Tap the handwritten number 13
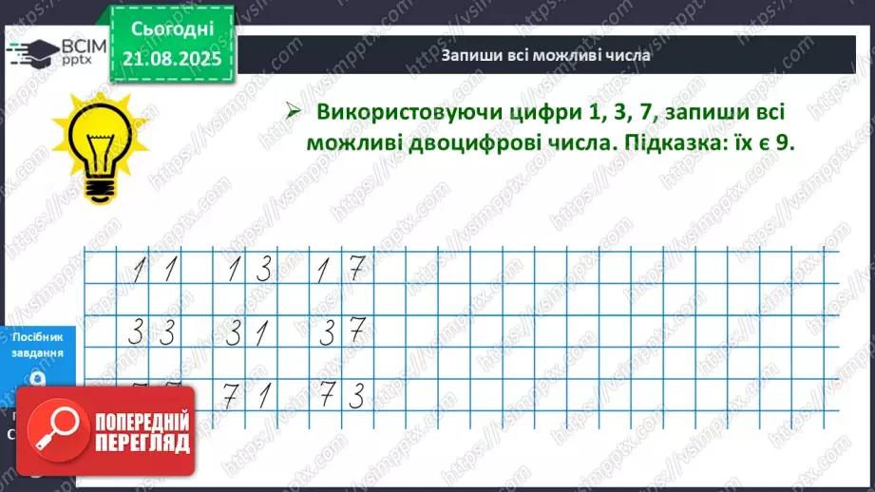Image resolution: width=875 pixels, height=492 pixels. coord(248,272)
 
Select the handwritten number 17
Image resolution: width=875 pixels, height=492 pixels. coord(341,272)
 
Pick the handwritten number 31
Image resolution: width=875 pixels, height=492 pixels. coord(248,333)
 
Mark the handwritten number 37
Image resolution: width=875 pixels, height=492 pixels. coord(341,333)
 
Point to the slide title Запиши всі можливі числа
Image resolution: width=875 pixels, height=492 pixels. coord(545,55)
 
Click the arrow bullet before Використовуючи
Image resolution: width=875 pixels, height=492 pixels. coord(295,112)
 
